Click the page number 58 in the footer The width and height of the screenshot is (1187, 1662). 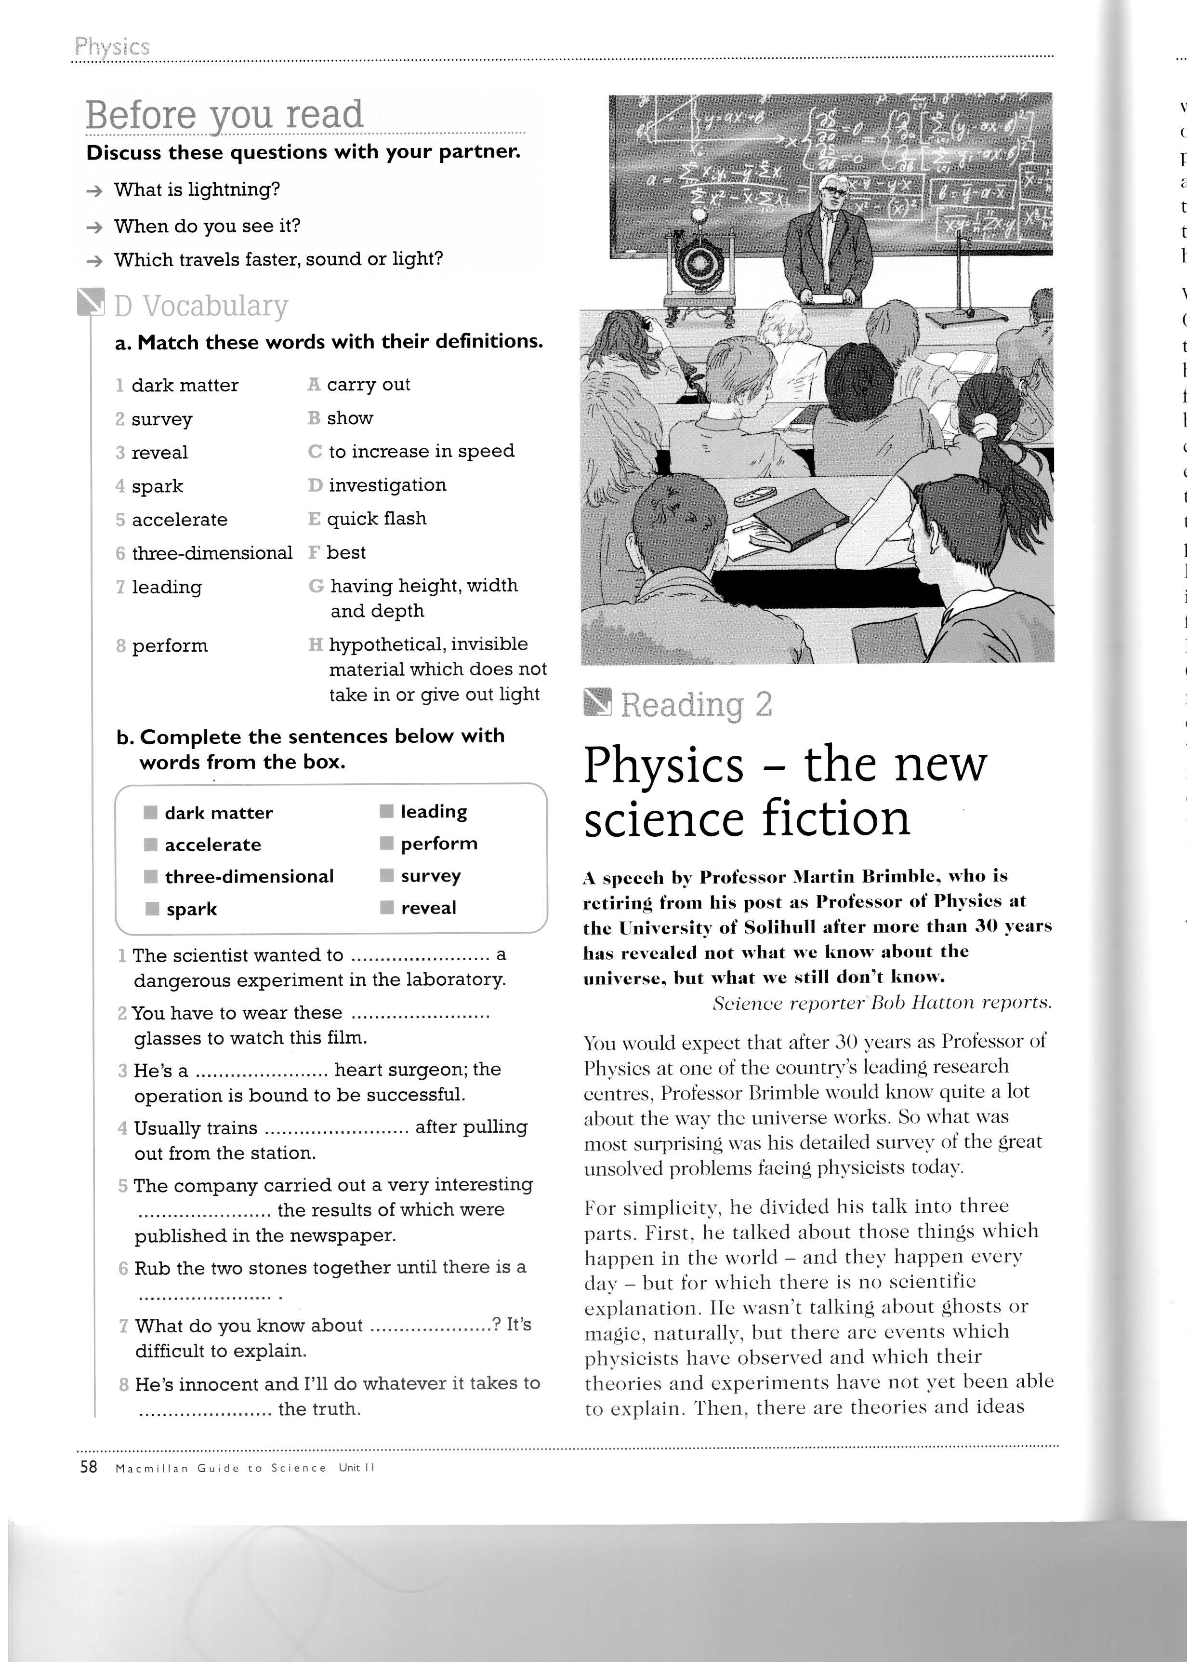click(x=89, y=1467)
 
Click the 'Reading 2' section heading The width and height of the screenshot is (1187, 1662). click(x=695, y=704)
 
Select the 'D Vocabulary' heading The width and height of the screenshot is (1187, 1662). click(x=200, y=306)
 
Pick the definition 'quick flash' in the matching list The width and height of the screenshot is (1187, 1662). click(x=376, y=519)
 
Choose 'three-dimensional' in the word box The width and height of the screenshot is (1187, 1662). click(x=249, y=877)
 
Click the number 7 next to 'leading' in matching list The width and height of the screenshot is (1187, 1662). click(x=120, y=587)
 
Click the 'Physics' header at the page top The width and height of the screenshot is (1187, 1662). click(x=112, y=47)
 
